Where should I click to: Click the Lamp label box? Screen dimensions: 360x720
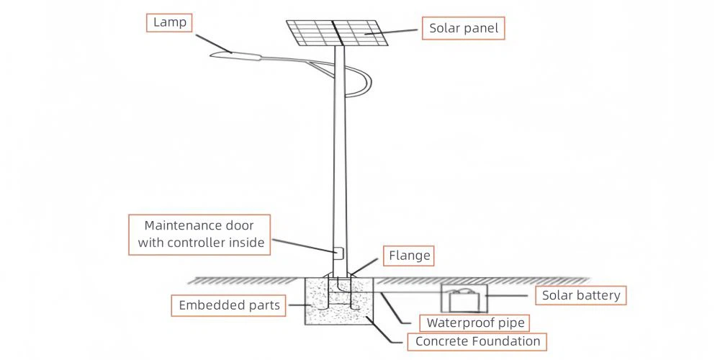(169, 22)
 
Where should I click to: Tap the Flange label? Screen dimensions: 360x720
(409, 256)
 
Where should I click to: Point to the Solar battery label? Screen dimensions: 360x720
(580, 295)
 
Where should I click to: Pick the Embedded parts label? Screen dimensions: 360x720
(229, 305)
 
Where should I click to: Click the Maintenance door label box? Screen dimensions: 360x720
(200, 234)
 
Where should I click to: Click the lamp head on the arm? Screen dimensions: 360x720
(233, 55)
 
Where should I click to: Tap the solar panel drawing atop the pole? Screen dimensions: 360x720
(337, 32)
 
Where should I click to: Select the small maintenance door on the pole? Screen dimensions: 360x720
(337, 253)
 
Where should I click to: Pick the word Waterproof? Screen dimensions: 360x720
(453, 323)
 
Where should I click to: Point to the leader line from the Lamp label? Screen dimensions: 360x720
(208, 40)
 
